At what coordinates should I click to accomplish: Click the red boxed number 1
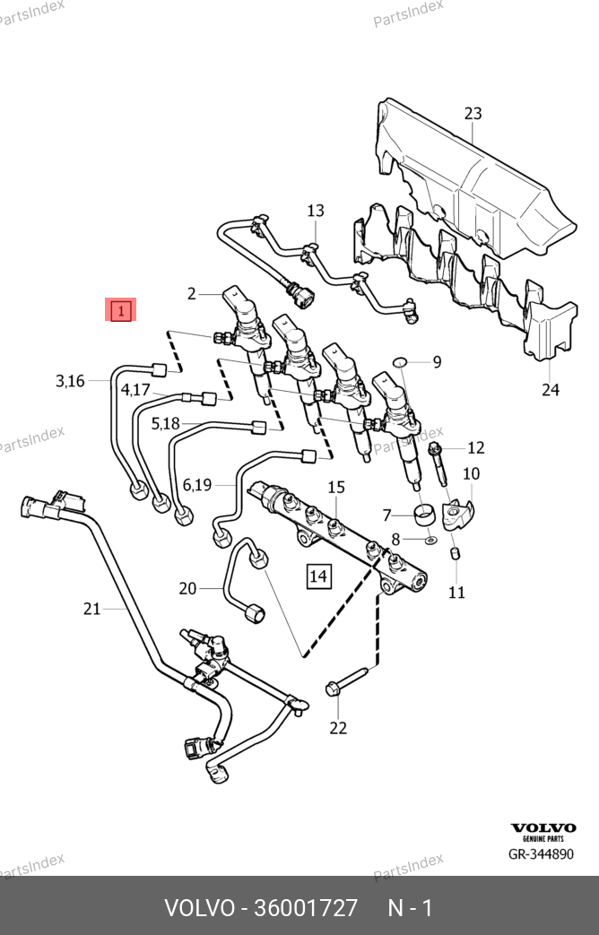[x=120, y=311]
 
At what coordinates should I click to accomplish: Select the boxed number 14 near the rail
[x=318, y=576]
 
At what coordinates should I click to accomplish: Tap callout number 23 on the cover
[x=473, y=113]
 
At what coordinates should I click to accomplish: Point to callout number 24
[x=551, y=389]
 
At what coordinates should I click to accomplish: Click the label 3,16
[x=70, y=381]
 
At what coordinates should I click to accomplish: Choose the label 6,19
[x=197, y=485]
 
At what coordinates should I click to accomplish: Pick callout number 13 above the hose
[x=316, y=211]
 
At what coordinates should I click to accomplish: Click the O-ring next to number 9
[x=401, y=362]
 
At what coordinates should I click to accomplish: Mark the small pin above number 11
[x=455, y=553]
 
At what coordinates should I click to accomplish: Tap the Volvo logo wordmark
[x=543, y=827]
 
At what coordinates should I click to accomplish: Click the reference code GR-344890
[x=541, y=853]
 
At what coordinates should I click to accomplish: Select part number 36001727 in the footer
[x=306, y=908]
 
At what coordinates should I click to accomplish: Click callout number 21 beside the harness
[x=91, y=609]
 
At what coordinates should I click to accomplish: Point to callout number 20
[x=187, y=588]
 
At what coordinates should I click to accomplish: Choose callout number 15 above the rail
[x=335, y=487]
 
